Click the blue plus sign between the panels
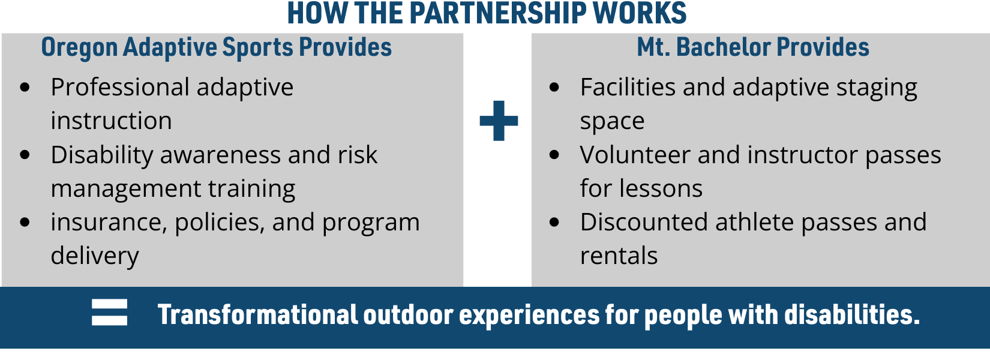(499, 121)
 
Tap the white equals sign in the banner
(109, 312)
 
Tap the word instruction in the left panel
(111, 121)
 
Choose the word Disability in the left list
(101, 155)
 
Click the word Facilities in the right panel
(628, 87)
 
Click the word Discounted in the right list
(644, 222)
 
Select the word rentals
(619, 256)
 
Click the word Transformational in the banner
(257, 314)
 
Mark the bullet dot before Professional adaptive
(25, 87)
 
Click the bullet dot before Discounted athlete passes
(554, 222)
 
